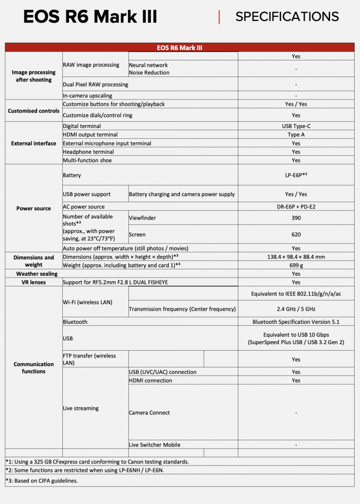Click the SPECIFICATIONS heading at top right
(x=287, y=17)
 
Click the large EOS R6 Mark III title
(x=90, y=17)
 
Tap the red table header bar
(x=180, y=48)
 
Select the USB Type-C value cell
(x=296, y=126)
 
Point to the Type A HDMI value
(x=296, y=135)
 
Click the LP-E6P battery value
(x=296, y=175)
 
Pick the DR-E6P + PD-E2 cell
(x=296, y=206)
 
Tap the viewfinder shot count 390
(x=296, y=218)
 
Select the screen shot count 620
(x=296, y=234)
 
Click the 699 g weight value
(x=296, y=265)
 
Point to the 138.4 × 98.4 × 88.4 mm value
(x=296, y=257)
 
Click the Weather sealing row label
(x=34, y=274)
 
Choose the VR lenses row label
(x=34, y=282)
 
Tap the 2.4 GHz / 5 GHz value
(x=296, y=309)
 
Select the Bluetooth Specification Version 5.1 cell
(x=296, y=322)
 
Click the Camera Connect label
(x=149, y=413)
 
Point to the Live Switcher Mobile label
(x=154, y=445)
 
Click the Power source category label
(x=34, y=208)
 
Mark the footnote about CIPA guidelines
(x=42, y=481)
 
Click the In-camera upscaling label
(x=88, y=96)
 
